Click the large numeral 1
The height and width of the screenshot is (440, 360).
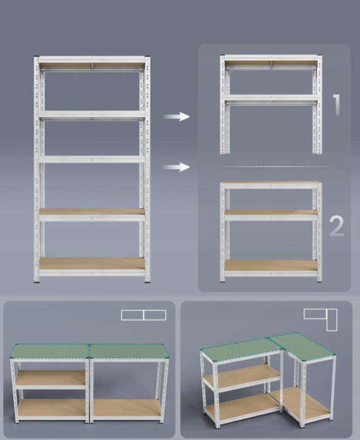point(337,104)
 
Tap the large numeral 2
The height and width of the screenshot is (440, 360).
point(336,226)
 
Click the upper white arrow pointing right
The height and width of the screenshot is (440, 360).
point(176,117)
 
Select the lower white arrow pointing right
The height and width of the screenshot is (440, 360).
point(176,168)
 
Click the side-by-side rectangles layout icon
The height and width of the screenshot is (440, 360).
point(144,315)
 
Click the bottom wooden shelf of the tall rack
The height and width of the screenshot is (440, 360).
point(92,263)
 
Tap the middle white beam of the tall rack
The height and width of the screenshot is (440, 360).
point(92,160)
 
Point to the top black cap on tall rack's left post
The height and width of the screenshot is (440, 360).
point(36,57)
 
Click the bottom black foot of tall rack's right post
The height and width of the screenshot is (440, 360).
point(148,282)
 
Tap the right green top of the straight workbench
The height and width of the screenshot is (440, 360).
point(129,351)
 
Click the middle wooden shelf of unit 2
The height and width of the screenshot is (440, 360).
point(271,212)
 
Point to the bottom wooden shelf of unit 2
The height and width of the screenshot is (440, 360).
point(271,265)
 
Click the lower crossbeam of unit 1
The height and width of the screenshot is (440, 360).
point(271,98)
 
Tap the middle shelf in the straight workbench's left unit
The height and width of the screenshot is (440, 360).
point(50,377)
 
